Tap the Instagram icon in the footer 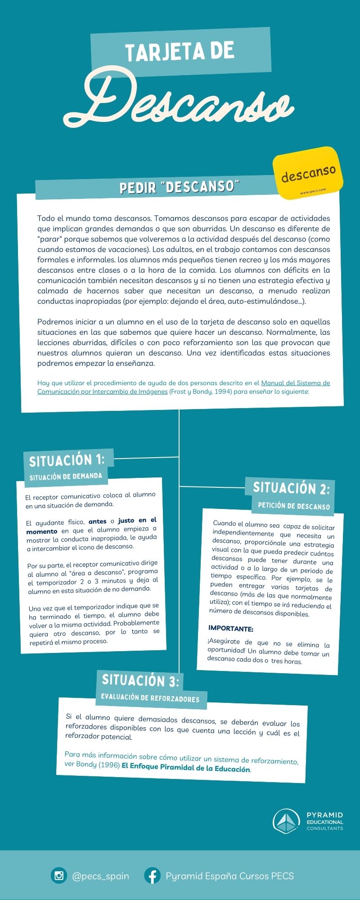[58, 876]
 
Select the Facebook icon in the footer [152, 876]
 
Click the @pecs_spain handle [100, 876]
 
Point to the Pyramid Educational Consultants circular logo [286, 821]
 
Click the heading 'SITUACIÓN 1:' [67, 460]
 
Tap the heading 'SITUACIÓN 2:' [291, 488]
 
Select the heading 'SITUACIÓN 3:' [140, 680]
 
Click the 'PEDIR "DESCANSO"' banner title [179, 187]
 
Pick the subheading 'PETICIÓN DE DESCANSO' [294, 506]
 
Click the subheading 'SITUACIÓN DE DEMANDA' [66, 477]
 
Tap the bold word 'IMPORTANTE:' [231, 628]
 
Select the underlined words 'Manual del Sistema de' [295, 383]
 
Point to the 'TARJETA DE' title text [180, 52]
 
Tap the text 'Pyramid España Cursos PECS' [229, 876]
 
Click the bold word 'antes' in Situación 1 [98, 522]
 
